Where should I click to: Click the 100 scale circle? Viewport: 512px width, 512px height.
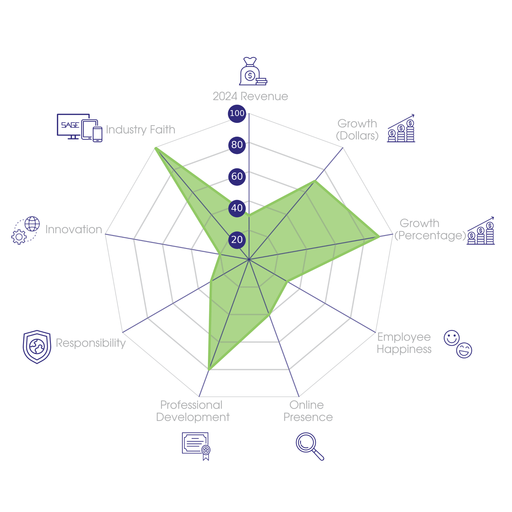237,113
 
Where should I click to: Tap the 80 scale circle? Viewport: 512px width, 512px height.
237,145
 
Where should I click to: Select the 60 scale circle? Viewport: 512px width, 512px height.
237,176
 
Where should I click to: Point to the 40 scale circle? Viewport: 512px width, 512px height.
237,208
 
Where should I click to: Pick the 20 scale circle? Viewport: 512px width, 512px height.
237,240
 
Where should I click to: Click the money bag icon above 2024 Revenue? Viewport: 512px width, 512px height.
253,71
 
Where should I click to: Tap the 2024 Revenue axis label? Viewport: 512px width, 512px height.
250,96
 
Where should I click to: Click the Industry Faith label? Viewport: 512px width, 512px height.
140,130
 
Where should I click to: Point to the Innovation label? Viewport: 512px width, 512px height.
74,229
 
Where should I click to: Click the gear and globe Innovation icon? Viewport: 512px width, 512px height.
26,230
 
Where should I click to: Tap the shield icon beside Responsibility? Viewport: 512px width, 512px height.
37,347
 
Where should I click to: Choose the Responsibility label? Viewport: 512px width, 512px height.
91,343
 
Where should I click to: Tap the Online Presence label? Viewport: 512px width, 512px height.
308,411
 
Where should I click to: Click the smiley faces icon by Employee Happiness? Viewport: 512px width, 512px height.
458,344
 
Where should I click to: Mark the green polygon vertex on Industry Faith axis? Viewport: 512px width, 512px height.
155,148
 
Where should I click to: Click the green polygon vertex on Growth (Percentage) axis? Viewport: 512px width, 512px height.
379,237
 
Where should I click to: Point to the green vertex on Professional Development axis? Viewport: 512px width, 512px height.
209,370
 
